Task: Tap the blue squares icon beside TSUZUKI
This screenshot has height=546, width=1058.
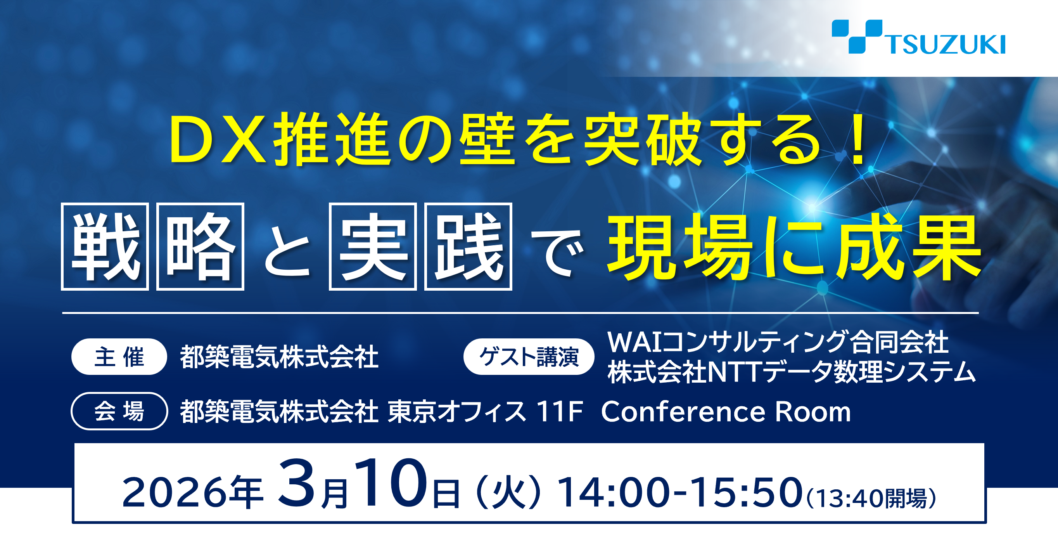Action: pyautogui.click(x=857, y=36)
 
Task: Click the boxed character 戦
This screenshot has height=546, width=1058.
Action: pyautogui.click(x=105, y=246)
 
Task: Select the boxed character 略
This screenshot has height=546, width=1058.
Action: pyautogui.click(x=201, y=246)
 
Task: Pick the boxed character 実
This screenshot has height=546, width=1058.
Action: pyautogui.click(x=373, y=246)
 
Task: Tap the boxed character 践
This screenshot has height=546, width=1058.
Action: pyautogui.click(x=468, y=246)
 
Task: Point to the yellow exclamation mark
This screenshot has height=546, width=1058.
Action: pyautogui.click(x=858, y=140)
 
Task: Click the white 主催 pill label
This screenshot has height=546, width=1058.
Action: pyautogui.click(x=119, y=357)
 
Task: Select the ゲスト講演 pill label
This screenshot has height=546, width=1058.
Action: pyautogui.click(x=529, y=357)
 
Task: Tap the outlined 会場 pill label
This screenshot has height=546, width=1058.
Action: pyautogui.click(x=119, y=411)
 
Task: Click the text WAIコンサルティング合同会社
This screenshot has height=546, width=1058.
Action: pyautogui.click(x=778, y=342)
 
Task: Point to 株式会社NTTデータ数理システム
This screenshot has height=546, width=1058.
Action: pyautogui.click(x=792, y=372)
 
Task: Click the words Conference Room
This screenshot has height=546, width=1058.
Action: pyautogui.click(x=726, y=412)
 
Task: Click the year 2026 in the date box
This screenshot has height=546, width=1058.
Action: pyautogui.click(x=175, y=492)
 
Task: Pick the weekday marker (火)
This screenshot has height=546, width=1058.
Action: pyautogui.click(x=508, y=492)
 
